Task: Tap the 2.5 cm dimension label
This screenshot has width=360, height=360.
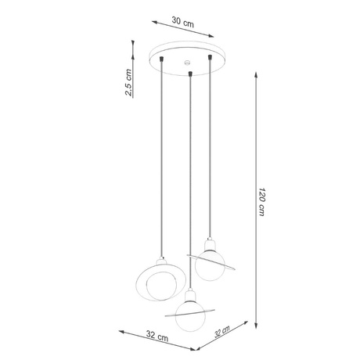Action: [x=128, y=81]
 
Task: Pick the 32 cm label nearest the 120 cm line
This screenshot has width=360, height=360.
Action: [x=225, y=336]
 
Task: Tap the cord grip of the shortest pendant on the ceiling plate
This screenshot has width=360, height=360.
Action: [x=211, y=57]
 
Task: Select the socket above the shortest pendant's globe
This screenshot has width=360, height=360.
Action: [x=210, y=244]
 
